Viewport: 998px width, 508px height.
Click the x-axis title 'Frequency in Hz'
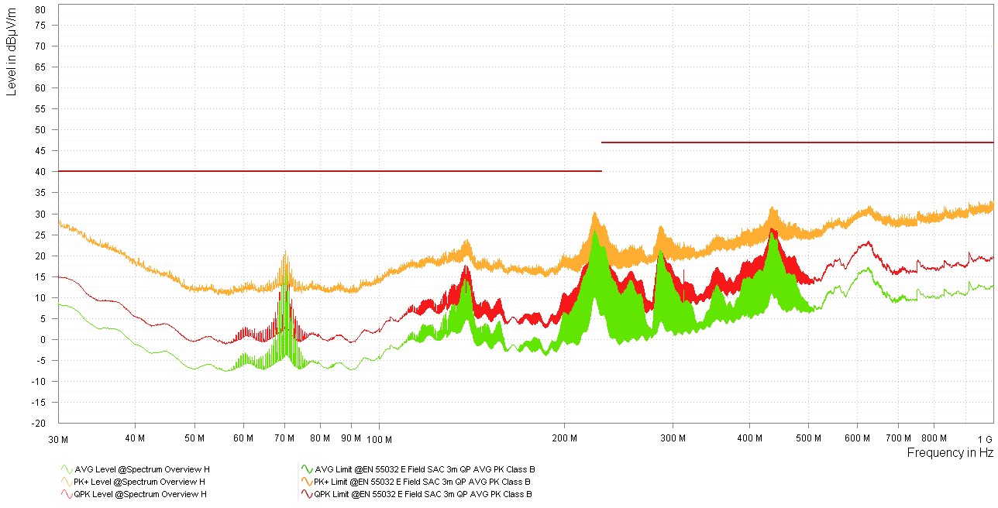[x=949, y=453]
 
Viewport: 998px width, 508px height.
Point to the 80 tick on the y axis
[x=41, y=9]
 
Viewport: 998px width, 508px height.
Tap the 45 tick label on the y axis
[x=41, y=172]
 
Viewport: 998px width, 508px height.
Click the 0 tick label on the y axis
[x=43, y=340]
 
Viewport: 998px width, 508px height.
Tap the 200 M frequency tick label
[x=564, y=438]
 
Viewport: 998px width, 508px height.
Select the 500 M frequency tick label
[x=809, y=438]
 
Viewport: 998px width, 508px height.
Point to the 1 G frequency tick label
[x=985, y=438]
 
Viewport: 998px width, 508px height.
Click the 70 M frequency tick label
[x=284, y=438]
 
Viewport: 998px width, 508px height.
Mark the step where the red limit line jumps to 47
[x=601, y=156]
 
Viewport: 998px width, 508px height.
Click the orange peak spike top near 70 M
[x=285, y=252]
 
